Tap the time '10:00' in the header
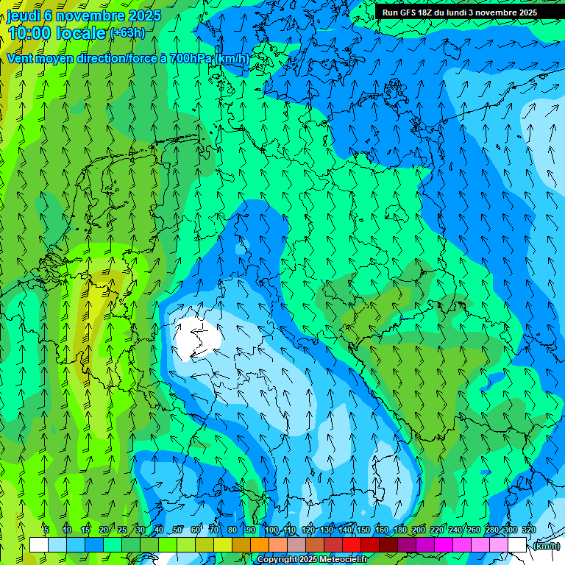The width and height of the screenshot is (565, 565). coord(30,33)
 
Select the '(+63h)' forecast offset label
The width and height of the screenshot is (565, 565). coord(127,32)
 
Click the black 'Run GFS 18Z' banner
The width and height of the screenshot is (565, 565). coord(459,13)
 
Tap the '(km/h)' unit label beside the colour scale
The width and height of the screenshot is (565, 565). coord(546,545)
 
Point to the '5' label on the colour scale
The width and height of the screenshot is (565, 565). coord(46,530)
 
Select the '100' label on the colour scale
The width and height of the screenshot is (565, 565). coord(272,530)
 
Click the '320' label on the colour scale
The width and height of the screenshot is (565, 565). coord(529,530)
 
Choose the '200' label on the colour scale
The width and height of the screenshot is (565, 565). coord(419,530)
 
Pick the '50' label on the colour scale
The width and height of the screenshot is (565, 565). coord(177,530)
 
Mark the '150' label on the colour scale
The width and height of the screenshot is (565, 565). coord(363,530)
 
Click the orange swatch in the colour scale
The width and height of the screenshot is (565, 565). coord(260,544)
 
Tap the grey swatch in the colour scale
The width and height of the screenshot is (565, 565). coord(296,544)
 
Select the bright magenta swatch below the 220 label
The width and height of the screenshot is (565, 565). coord(444,544)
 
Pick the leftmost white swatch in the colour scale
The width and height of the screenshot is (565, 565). coord(39,544)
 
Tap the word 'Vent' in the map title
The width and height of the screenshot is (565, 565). coord(20,58)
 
